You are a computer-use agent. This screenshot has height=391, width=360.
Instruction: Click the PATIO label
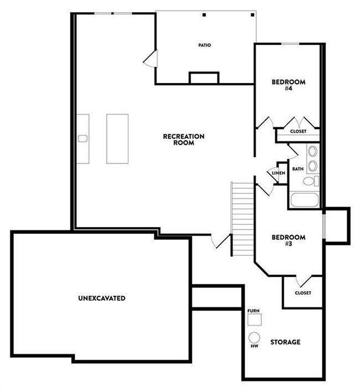tap(205, 45)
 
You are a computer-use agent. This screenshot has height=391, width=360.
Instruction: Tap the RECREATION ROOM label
tap(184, 139)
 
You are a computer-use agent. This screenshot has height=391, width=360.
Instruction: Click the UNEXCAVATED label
tap(102, 298)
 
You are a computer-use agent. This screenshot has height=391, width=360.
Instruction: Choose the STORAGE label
tap(285, 342)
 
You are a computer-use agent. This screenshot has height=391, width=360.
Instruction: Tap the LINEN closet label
tap(278, 173)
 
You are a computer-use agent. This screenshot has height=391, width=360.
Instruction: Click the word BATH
tap(297, 168)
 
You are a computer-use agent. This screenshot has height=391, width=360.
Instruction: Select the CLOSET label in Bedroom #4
tap(298, 132)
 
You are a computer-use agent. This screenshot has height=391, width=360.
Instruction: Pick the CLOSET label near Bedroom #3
tap(302, 292)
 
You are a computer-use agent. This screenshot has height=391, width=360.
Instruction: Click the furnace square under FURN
tap(254, 320)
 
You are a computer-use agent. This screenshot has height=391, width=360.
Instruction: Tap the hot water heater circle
tap(254, 337)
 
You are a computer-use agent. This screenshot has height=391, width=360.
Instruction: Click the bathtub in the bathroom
tap(304, 199)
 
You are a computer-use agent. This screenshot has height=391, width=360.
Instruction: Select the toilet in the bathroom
tap(310, 181)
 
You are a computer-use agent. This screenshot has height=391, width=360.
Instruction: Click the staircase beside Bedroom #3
tap(242, 219)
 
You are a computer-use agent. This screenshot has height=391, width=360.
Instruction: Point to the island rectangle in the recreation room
tap(117, 138)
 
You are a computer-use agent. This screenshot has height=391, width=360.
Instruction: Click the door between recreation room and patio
tap(151, 59)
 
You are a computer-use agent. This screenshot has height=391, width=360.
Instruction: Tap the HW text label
tap(254, 347)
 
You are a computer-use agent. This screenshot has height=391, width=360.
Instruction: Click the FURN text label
tap(254, 311)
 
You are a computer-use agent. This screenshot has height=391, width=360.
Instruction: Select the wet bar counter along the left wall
tap(82, 138)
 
